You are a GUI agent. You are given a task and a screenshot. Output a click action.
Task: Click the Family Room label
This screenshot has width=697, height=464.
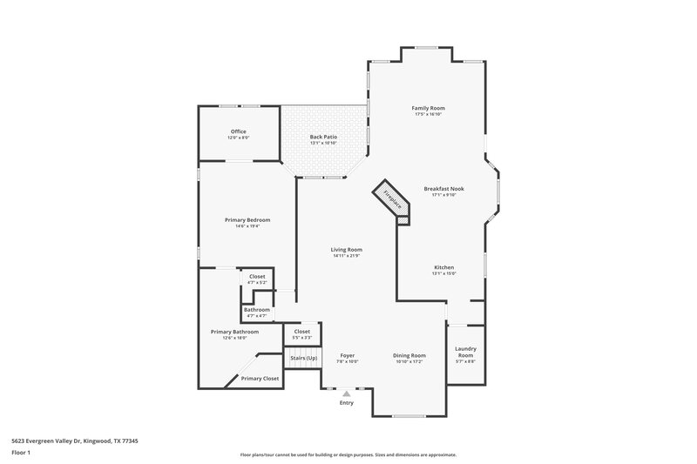pyautogui.click(x=429, y=108)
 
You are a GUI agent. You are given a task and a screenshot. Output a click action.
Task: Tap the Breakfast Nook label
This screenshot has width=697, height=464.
pyautogui.click(x=443, y=188)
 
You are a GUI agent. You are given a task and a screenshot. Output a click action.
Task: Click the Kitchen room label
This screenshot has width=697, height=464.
pyautogui.click(x=443, y=267)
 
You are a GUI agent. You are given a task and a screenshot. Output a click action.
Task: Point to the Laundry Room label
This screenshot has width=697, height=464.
pyautogui.click(x=465, y=352)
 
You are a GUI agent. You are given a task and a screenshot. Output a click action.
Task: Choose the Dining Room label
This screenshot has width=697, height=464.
pyautogui.click(x=409, y=355)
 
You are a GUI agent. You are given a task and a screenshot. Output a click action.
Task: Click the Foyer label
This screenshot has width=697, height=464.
pyautogui.click(x=346, y=355)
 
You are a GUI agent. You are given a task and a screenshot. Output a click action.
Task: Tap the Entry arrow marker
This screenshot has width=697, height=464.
pyautogui.click(x=346, y=394)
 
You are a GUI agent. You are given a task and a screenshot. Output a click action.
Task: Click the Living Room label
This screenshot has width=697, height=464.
pyautogui.click(x=346, y=250)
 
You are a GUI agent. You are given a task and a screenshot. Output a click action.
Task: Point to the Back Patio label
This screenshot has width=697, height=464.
pyautogui.click(x=323, y=138)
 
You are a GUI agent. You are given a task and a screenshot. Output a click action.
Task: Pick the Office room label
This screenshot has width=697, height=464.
pyautogui.click(x=238, y=131)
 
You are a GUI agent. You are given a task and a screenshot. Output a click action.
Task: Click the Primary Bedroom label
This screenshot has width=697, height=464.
pyautogui.click(x=247, y=220)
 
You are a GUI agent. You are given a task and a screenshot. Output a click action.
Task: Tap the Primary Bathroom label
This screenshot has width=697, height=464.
pyautogui.click(x=233, y=331)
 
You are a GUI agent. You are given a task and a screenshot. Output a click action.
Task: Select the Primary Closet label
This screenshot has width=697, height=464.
pyautogui.click(x=260, y=379)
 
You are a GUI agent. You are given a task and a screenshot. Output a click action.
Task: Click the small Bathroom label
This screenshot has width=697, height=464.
pyautogui.click(x=256, y=310)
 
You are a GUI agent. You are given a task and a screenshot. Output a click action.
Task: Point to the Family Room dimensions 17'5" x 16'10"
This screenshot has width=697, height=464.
pyautogui.click(x=429, y=114)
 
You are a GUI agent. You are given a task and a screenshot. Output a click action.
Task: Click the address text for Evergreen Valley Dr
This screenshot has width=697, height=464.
pyautogui.click(x=75, y=440)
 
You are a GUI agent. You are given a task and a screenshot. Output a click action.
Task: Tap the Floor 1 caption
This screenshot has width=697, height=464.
pyautogui.click(x=22, y=454)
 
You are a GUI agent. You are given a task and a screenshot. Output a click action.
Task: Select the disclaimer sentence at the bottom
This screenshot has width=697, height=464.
pyautogui.click(x=348, y=454)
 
